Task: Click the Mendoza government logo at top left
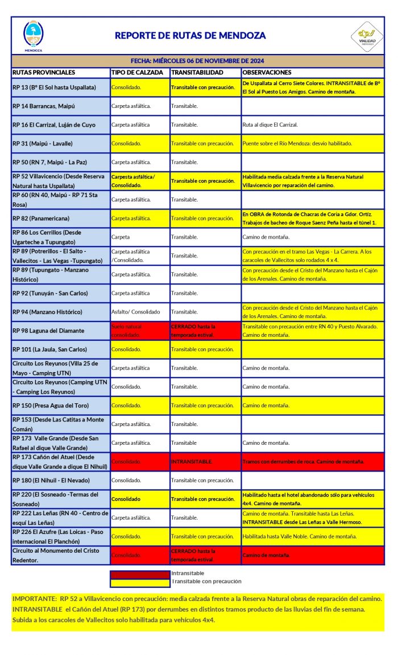tap(33, 36)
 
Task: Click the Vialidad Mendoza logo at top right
tap(366, 36)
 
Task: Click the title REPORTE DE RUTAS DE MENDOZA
tap(190, 35)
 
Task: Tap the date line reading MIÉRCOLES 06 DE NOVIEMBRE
tap(197, 61)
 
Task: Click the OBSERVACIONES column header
tap(267, 73)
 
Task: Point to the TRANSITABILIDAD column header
tap(197, 73)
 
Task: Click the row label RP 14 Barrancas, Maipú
tap(44, 106)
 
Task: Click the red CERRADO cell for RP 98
tap(193, 331)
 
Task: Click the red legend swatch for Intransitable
tap(139, 574)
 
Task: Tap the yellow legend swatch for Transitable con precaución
tap(139, 582)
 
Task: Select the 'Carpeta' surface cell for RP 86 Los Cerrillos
tap(121, 237)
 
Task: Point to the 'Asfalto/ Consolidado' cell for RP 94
tap(136, 312)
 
